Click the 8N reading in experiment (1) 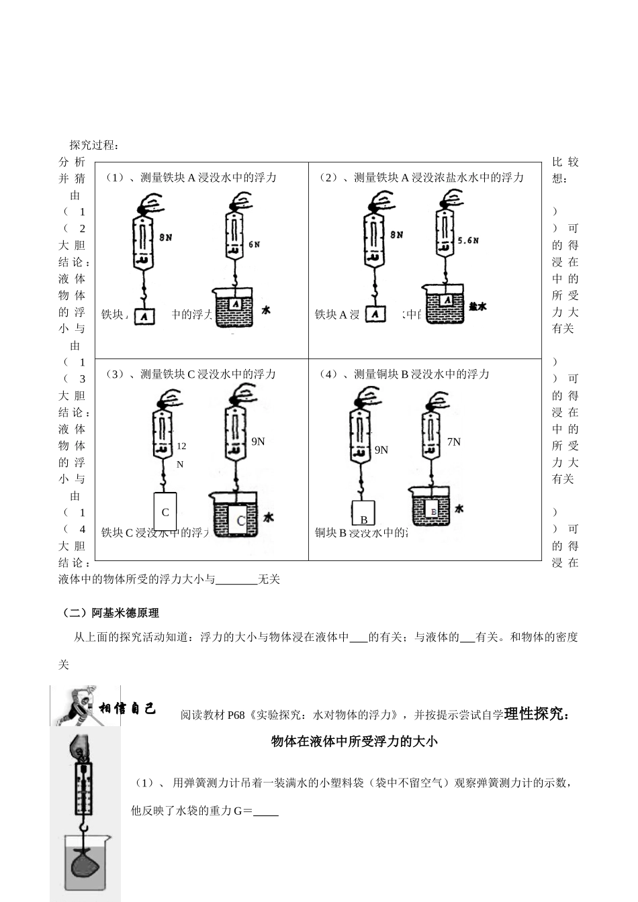point(167,236)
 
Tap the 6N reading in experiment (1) point(254,245)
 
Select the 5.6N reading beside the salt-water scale point(467,240)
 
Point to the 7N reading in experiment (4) point(454,441)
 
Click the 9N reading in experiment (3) point(258,441)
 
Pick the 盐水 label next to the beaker point(477,306)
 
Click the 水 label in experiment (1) point(266,310)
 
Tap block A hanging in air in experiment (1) point(144,315)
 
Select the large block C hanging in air point(165,512)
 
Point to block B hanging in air point(363,514)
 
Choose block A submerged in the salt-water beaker point(448,301)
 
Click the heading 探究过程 point(95,145)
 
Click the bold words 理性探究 point(535,713)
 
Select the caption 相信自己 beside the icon point(128,709)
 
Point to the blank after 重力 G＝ point(267,811)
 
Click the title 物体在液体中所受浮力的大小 point(354,741)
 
